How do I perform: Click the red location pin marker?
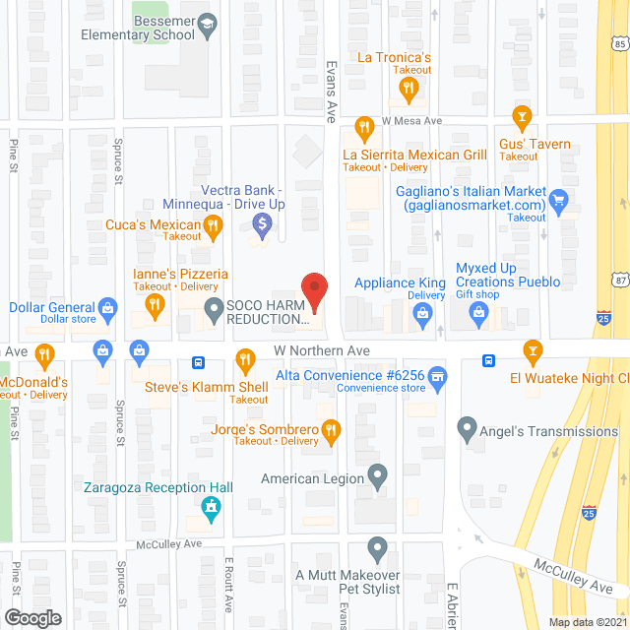pyautogui.click(x=313, y=289)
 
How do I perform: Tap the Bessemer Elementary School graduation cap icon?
pyautogui.click(x=208, y=26)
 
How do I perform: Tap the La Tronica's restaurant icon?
pyautogui.click(x=408, y=90)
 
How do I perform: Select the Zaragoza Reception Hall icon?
pyautogui.click(x=209, y=508)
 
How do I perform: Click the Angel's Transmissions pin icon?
pyautogui.click(x=468, y=429)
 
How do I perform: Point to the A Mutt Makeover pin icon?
pyautogui.click(x=377, y=548)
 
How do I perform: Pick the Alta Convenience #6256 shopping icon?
pyautogui.click(x=439, y=375)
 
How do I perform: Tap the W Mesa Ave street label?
pyautogui.click(x=411, y=121)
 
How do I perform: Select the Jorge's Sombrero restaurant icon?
pyautogui.click(x=331, y=429)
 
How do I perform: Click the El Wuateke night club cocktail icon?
pyautogui.click(x=533, y=350)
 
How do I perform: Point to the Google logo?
pyautogui.click(x=31, y=618)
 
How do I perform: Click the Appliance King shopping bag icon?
pyautogui.click(x=423, y=315)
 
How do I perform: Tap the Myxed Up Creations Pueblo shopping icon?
pyautogui.click(x=479, y=315)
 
